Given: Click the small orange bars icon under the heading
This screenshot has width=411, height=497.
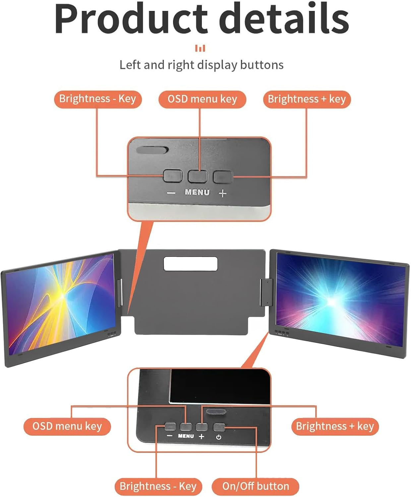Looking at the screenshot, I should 200,48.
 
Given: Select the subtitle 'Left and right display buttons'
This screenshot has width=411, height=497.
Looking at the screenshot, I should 201,65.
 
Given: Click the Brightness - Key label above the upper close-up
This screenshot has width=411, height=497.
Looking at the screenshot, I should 98,99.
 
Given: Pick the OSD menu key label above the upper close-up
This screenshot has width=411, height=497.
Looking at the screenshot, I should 202,99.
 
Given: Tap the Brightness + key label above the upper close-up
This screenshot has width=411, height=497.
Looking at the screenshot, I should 307,99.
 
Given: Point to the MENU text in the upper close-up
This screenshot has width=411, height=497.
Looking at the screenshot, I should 197,192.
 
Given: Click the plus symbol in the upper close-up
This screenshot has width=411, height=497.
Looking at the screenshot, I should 223,193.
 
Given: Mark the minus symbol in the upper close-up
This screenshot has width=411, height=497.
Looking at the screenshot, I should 171,193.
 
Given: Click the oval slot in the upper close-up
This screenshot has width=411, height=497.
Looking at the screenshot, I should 152,150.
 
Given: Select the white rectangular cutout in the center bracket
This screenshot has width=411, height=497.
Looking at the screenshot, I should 191,263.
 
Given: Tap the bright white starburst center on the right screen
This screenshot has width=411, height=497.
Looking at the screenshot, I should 331,301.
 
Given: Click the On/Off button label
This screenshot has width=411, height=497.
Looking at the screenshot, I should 256,486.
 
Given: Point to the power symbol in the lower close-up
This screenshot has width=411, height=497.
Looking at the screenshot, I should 219,437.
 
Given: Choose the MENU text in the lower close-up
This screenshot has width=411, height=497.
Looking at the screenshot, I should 186,436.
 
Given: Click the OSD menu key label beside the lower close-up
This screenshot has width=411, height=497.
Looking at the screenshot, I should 67,426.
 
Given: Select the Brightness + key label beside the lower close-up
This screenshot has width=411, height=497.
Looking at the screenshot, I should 335,426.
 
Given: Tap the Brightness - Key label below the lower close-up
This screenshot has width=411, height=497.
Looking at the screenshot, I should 158,486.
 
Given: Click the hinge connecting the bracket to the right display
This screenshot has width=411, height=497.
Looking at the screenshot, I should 266,292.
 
